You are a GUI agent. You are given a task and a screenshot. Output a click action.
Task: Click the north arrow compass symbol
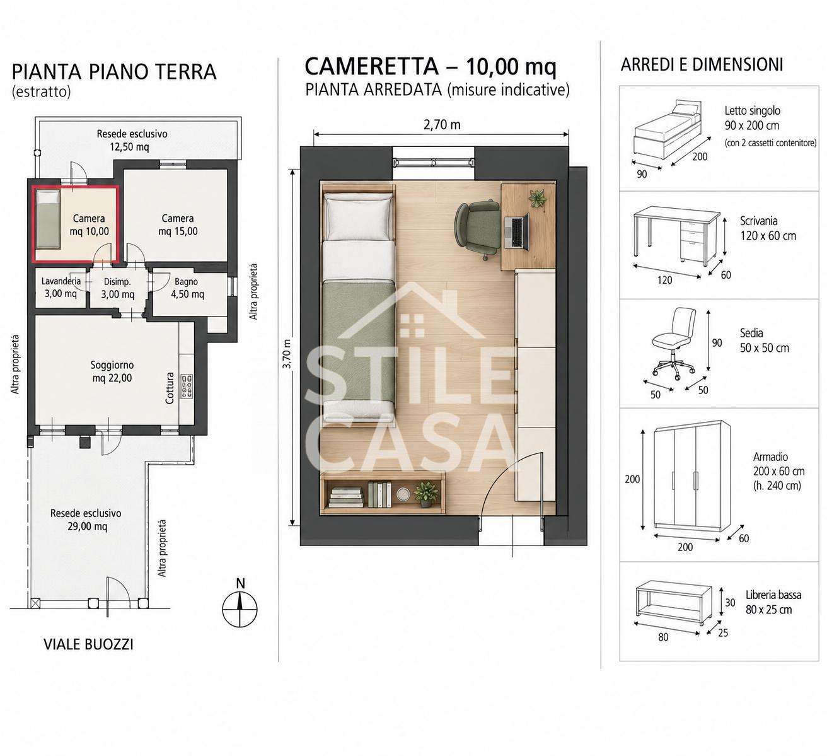(240, 608)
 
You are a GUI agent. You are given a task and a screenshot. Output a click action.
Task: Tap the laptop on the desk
(517, 232)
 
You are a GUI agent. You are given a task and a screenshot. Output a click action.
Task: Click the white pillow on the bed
(357, 218)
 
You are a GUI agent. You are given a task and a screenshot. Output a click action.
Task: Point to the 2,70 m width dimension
(441, 125)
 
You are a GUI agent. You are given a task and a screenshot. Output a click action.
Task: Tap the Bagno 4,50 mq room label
(187, 288)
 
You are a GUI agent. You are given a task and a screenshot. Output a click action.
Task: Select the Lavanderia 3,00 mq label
(61, 288)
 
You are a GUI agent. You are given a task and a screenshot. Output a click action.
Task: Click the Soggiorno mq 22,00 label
(112, 371)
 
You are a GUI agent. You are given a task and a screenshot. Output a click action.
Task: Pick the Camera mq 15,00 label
(178, 224)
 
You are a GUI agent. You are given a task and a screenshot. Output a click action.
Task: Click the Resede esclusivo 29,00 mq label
(86, 520)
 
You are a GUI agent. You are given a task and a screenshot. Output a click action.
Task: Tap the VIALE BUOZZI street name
(89, 644)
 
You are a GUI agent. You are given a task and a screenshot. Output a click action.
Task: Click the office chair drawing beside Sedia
(673, 344)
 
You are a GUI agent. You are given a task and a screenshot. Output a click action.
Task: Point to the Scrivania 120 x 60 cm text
(768, 228)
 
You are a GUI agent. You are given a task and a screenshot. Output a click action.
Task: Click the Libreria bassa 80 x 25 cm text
(773, 603)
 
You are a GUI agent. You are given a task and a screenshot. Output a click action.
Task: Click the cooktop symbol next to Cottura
(187, 386)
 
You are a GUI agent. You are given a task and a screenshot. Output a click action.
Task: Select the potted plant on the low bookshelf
(425, 494)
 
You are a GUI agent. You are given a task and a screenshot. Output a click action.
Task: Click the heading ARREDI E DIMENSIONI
(702, 65)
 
